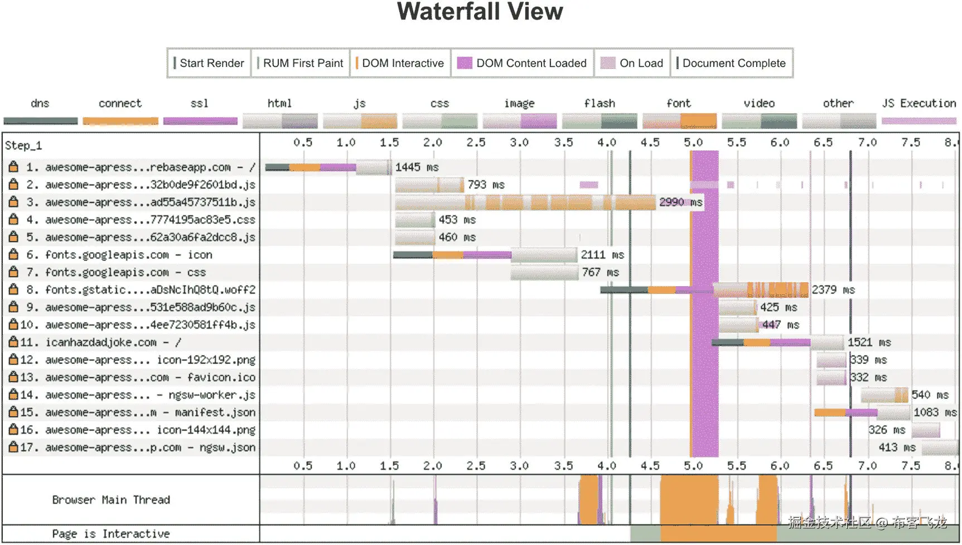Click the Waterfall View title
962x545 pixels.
[x=480, y=12]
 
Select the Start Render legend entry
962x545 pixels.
[x=209, y=63]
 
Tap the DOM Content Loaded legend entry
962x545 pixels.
[x=522, y=63]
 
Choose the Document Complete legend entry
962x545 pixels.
[x=731, y=63]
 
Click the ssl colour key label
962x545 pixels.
[x=199, y=103]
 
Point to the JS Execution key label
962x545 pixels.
[x=919, y=103]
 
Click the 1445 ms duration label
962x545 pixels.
[x=417, y=167]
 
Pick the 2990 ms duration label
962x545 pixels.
[x=680, y=202]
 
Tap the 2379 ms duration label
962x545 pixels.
[x=833, y=290]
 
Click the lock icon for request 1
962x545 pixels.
[x=14, y=167]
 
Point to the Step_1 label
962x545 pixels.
[x=23, y=146]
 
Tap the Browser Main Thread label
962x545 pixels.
[x=111, y=500]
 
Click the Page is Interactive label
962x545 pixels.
[x=111, y=534]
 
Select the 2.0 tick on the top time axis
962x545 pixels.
[x=432, y=142]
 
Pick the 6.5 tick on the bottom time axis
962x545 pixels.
[x=823, y=466]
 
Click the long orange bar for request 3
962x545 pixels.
[x=524, y=202]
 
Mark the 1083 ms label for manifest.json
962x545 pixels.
[x=935, y=412]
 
